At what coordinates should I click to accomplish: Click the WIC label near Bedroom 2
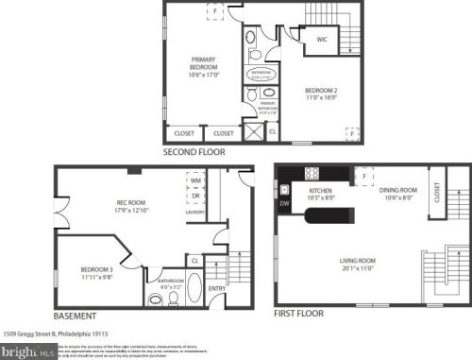click(322, 40)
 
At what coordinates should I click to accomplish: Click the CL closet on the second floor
click(272, 131)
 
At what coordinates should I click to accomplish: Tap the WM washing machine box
click(196, 180)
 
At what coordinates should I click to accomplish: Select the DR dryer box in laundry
click(196, 197)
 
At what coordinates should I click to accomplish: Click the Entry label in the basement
click(216, 289)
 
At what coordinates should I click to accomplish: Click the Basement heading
click(75, 315)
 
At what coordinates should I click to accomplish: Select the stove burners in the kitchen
click(311, 173)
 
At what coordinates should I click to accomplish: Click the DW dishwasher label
click(285, 201)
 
